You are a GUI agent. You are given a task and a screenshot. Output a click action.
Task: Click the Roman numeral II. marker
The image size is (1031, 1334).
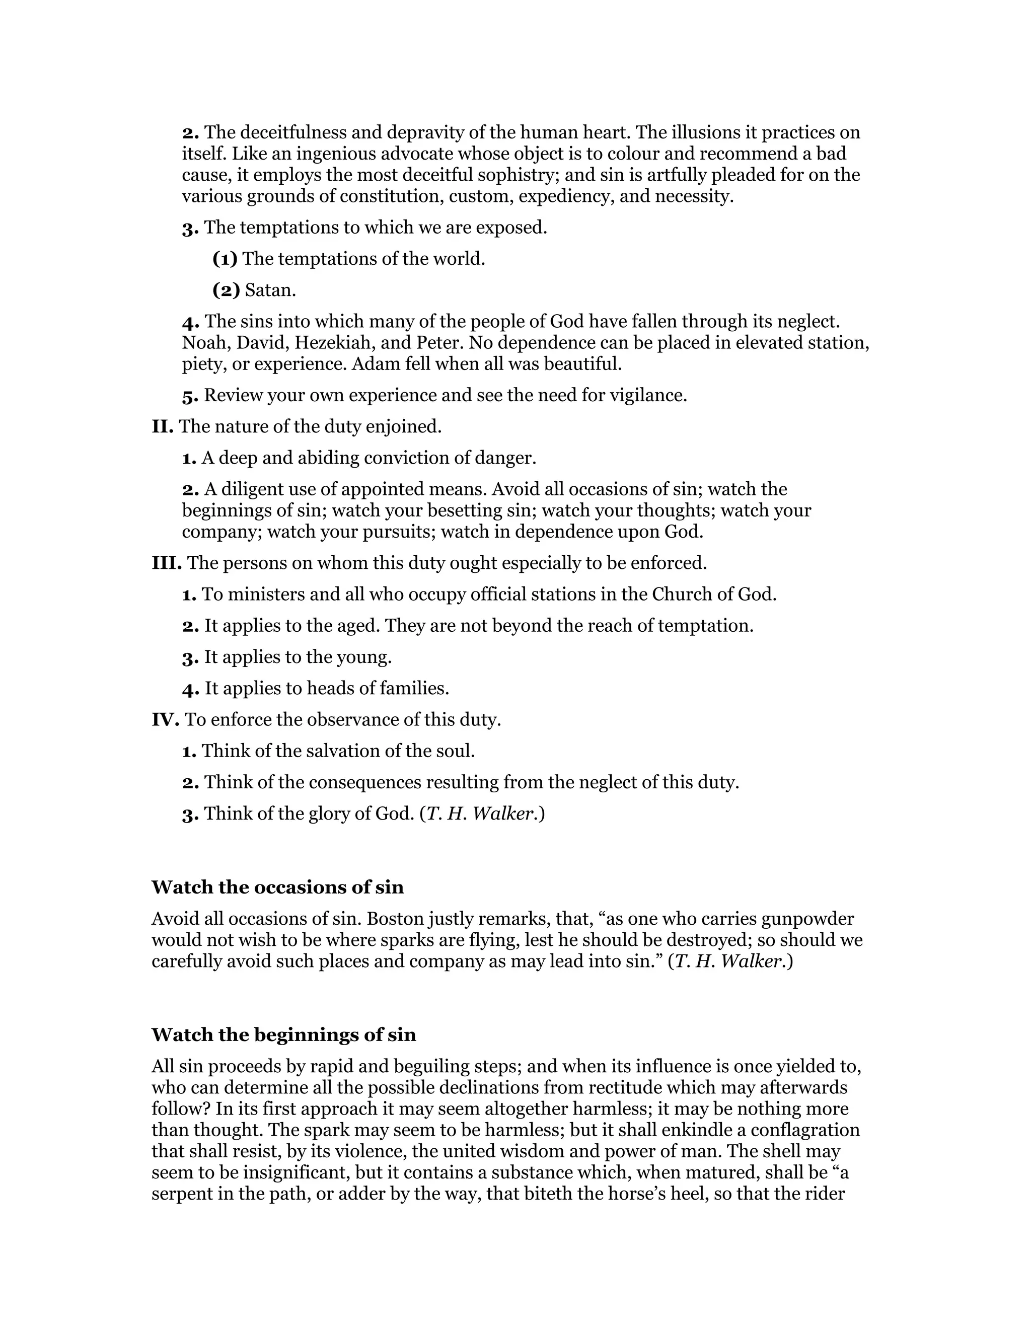[x=163, y=426]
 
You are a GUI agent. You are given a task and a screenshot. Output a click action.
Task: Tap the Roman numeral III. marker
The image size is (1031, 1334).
[x=167, y=563]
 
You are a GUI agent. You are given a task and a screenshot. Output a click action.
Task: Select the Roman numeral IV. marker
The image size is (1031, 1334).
[x=166, y=719]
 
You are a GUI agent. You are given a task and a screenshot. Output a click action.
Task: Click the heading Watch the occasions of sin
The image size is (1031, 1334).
[x=277, y=887]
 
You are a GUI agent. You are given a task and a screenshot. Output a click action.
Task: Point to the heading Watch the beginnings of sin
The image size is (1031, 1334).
[x=283, y=1034]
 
